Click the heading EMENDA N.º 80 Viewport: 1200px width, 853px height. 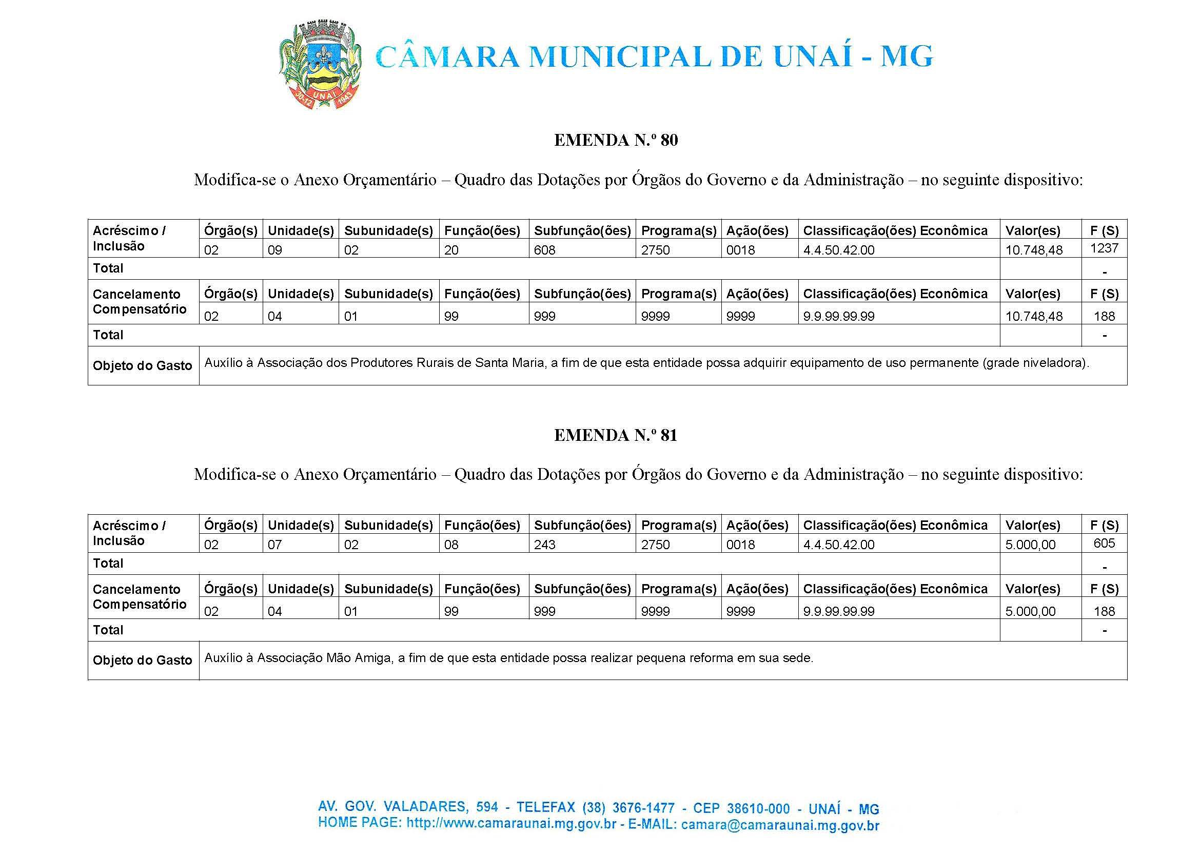pos(616,140)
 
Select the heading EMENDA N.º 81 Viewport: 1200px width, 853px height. pos(616,435)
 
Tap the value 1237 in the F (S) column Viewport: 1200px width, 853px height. pos(1104,248)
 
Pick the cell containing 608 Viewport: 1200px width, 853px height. pos(544,250)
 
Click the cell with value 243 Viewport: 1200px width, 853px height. pos(544,545)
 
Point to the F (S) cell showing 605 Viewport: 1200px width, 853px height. pos(1104,543)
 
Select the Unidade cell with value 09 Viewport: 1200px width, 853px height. pos(275,250)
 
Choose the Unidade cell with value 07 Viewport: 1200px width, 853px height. pos(275,545)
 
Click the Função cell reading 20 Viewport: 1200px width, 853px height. pos(451,250)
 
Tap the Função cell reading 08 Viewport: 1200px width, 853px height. pos(451,545)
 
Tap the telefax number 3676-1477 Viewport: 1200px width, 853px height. pos(635,807)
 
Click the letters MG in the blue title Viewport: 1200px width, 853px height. pos(907,57)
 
